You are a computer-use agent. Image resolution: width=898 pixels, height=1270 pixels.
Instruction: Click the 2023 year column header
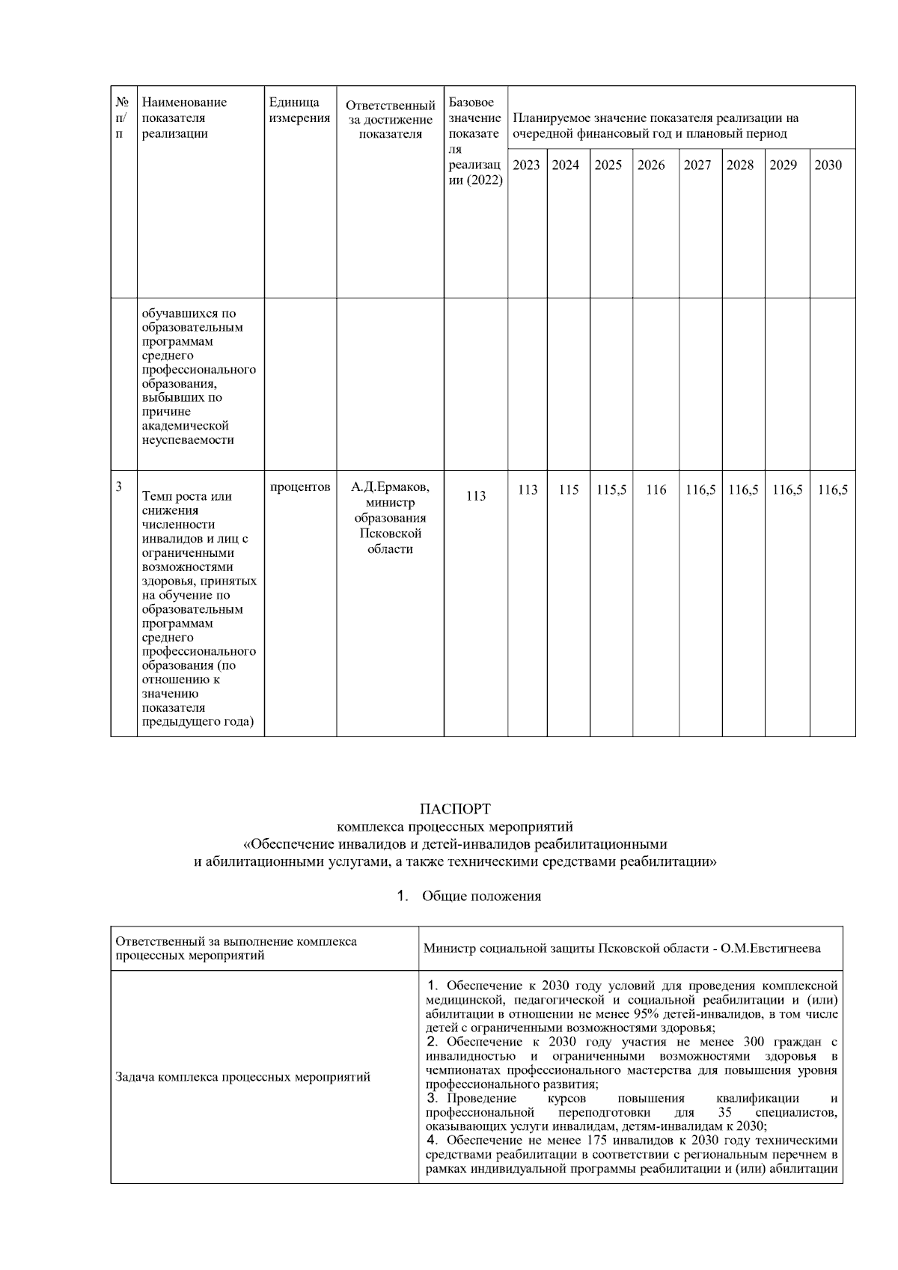tap(526, 165)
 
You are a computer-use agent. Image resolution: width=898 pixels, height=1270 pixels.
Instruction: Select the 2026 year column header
tap(651, 165)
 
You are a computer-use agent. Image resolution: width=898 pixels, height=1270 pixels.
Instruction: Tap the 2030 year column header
tap(828, 165)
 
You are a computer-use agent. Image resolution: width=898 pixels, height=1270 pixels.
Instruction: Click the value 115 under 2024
tap(569, 490)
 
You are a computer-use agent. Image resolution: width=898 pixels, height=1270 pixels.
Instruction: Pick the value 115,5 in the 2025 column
tap(611, 490)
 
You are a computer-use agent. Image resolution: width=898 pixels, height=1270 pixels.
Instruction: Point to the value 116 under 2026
tap(656, 490)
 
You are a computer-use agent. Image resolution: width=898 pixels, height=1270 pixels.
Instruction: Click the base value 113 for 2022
tap(476, 496)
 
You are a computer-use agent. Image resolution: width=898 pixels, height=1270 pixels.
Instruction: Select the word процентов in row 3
tap(300, 487)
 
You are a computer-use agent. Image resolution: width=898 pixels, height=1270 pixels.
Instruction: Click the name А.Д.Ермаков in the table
tap(391, 487)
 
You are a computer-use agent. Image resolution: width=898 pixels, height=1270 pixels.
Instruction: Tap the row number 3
tap(119, 486)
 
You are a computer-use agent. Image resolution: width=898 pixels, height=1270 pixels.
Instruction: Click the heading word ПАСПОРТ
tap(455, 809)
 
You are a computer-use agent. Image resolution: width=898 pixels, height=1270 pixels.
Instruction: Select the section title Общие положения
tap(481, 897)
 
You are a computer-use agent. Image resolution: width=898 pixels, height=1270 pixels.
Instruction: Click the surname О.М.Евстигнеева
tap(771, 948)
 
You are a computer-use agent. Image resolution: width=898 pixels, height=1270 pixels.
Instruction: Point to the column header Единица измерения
tap(299, 110)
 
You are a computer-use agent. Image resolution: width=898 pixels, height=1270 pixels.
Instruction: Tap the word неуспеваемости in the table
tap(187, 440)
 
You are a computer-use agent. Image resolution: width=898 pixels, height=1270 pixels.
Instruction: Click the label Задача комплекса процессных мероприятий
tap(242, 1078)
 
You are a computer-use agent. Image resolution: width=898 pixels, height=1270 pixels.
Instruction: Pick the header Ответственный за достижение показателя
tap(390, 120)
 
